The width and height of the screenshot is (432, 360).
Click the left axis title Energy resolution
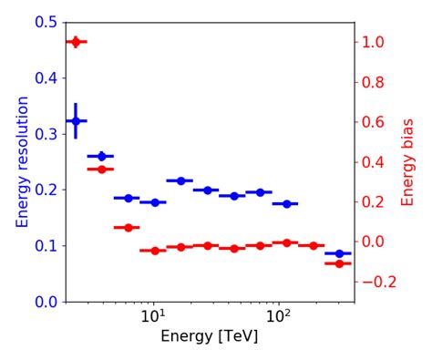pyautogui.click(x=24, y=161)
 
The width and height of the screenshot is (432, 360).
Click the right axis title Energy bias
pyautogui.click(x=407, y=161)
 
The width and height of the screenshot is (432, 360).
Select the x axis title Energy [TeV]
pyautogui.click(x=210, y=336)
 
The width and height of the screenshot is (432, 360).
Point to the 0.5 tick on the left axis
pyautogui.click(x=46, y=22)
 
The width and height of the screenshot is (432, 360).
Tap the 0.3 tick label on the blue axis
pyautogui.click(x=46, y=134)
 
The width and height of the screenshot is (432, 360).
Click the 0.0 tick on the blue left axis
pyautogui.click(x=46, y=302)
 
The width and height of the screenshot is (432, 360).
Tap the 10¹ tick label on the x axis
pyautogui.click(x=153, y=318)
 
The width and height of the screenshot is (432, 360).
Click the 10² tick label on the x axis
pyautogui.click(x=278, y=318)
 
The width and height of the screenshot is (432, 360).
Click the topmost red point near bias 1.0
pyautogui.click(x=76, y=42)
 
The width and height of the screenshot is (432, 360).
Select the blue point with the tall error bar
pyautogui.click(x=76, y=120)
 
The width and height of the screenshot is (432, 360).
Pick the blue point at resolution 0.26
pyautogui.click(x=101, y=156)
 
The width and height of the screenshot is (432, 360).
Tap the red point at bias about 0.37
pyautogui.click(x=101, y=169)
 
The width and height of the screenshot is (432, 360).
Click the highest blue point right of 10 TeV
pyautogui.click(x=180, y=180)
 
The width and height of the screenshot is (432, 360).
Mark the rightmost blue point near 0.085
pyautogui.click(x=339, y=253)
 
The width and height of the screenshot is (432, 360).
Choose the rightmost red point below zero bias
pyautogui.click(x=339, y=263)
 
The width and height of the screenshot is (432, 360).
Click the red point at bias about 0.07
pyautogui.click(x=128, y=227)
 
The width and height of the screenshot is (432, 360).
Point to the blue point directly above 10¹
pyautogui.click(x=154, y=202)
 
